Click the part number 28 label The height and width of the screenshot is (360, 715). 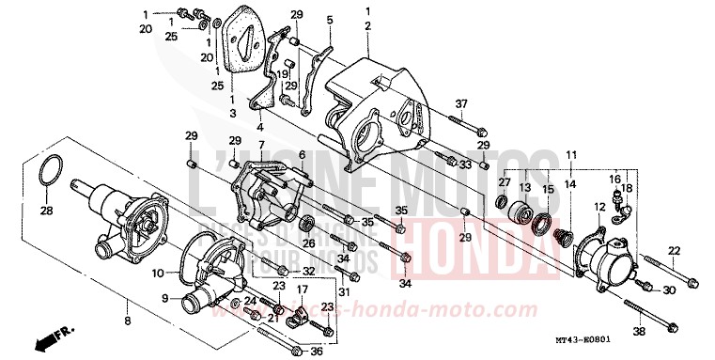[x=46, y=211]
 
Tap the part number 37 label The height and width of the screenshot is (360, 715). [x=461, y=103]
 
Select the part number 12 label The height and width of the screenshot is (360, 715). [x=598, y=206]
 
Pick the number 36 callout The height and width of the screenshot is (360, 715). [x=316, y=352]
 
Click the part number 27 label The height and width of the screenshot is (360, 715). [x=504, y=182]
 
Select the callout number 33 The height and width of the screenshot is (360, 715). [x=464, y=164]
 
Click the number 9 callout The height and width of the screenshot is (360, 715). [x=163, y=299]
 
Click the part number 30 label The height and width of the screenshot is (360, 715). [x=669, y=290]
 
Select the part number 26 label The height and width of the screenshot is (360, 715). [x=309, y=243]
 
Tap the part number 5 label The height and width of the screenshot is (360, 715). [x=329, y=20]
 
